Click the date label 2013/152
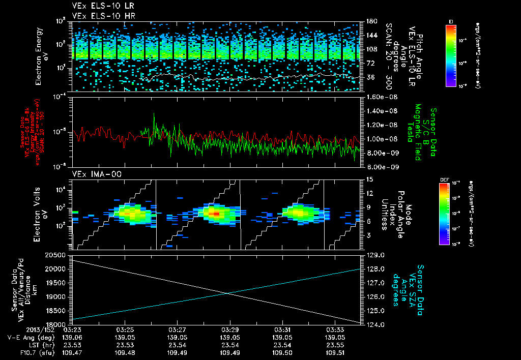tap(19, 330)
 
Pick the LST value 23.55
tap(334, 344)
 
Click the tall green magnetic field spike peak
tap(154, 113)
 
